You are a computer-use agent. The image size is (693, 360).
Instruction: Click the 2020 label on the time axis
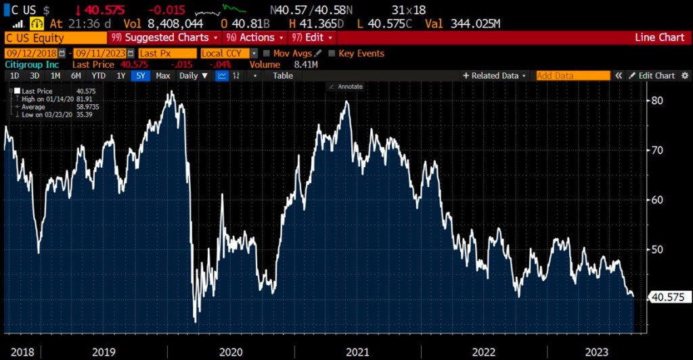click(230, 352)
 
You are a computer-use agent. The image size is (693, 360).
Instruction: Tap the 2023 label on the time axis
click(597, 352)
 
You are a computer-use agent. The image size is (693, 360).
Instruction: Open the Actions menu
click(254, 38)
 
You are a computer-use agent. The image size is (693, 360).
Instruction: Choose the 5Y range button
click(140, 76)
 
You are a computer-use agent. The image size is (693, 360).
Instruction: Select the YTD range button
click(99, 76)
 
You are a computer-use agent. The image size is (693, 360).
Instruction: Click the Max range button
click(162, 76)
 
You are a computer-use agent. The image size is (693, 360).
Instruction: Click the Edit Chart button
click(652, 76)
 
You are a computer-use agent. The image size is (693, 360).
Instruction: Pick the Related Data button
click(493, 76)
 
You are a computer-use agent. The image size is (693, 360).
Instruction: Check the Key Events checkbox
click(332, 53)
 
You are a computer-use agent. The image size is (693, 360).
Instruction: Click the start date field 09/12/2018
click(31, 53)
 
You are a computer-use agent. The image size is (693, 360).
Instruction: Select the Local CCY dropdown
click(229, 53)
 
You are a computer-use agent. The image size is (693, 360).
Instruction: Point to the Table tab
click(283, 76)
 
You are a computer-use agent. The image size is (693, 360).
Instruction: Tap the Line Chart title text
click(660, 38)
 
